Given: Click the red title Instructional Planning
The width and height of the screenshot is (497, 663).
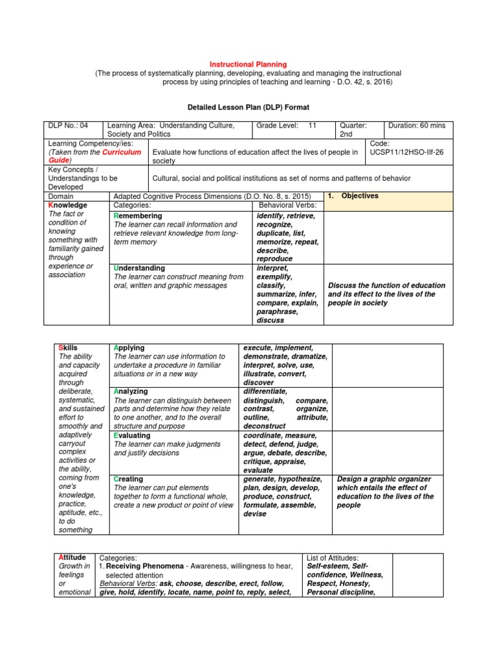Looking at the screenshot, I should click(248, 64).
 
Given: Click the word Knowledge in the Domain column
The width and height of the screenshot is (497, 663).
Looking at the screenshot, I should click(68, 205).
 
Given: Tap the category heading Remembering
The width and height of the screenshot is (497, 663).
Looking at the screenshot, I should click(138, 216).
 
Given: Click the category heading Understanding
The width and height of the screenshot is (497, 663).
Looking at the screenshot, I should click(139, 267).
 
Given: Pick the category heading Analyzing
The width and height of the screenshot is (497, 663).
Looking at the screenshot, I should click(131, 391).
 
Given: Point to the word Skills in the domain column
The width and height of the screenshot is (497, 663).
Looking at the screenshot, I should click(68, 348).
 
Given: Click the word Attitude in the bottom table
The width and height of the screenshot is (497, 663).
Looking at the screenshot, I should click(72, 557).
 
